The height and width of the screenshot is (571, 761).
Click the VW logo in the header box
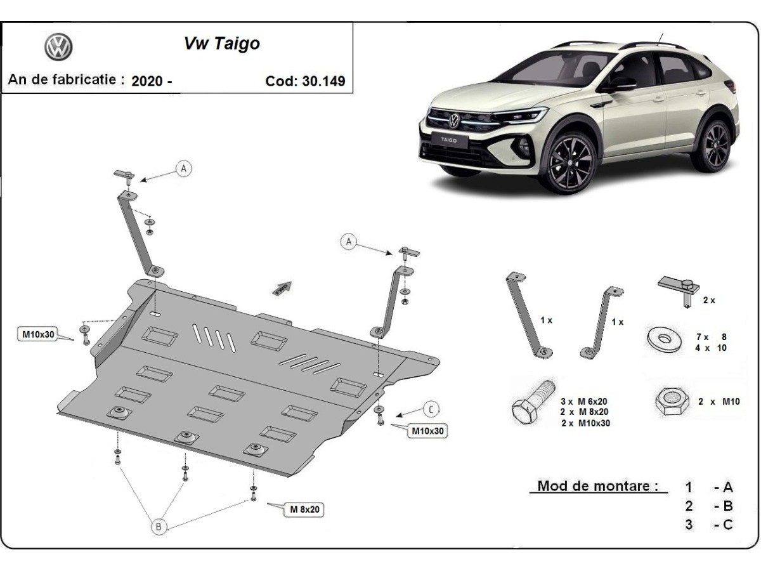click(x=58, y=48)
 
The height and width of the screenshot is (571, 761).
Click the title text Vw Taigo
click(x=221, y=43)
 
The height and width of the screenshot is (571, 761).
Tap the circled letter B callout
click(x=159, y=525)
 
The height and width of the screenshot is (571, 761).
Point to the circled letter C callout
click(x=431, y=409)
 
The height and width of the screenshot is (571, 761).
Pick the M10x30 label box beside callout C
click(x=428, y=431)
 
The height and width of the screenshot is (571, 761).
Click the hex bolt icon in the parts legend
click(x=532, y=403)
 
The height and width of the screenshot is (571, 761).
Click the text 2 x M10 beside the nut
click(x=719, y=402)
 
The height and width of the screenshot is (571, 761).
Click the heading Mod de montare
click(x=597, y=487)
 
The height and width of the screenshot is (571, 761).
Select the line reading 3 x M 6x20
click(x=584, y=402)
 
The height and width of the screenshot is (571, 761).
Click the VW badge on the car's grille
click(x=454, y=119)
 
